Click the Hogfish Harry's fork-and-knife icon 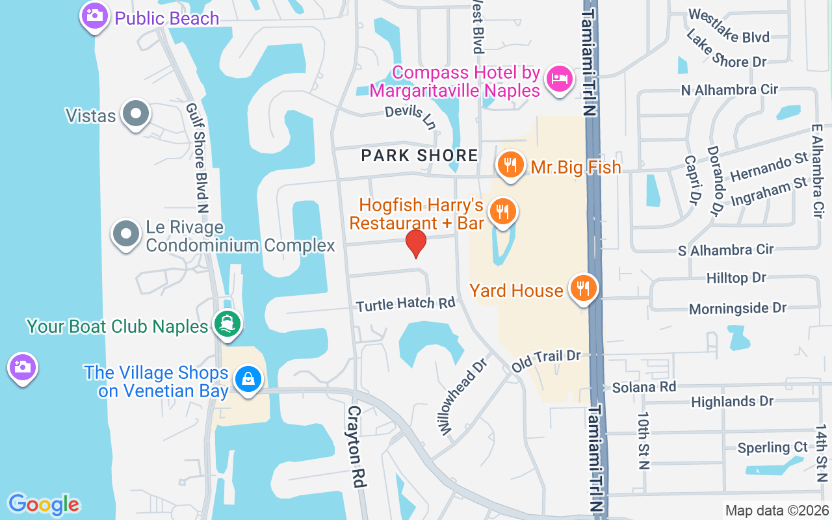502,211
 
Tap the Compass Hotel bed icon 559,79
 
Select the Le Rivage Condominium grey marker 126,233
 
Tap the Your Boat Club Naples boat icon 227,323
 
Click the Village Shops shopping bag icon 248,378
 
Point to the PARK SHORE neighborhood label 419,155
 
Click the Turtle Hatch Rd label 406,304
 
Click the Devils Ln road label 409,115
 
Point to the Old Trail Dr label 545,359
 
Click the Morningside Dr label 738,308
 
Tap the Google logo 44,504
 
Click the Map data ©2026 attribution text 777,511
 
